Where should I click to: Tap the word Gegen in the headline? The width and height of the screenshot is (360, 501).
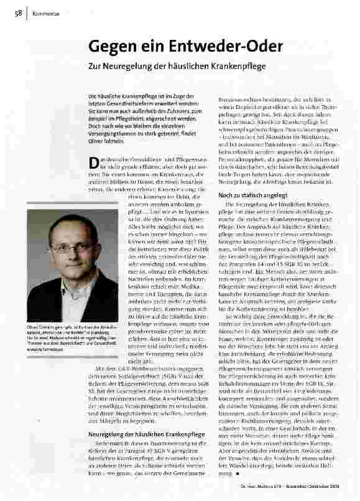tap(114, 47)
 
